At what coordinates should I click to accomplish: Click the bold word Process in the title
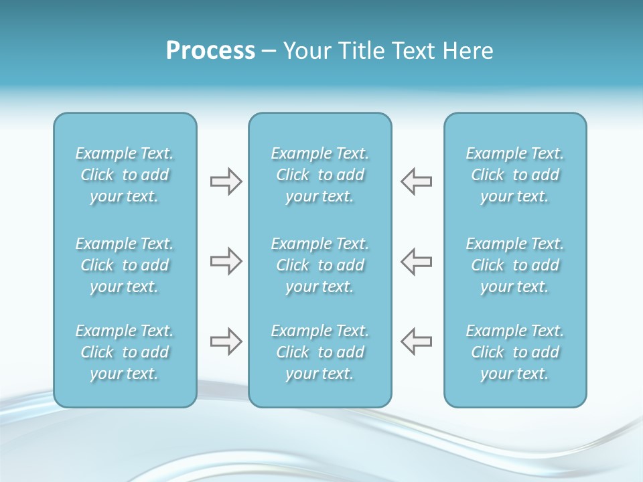[210, 51]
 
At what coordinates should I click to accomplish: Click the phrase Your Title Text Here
[388, 51]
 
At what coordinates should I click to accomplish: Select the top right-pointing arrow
[226, 181]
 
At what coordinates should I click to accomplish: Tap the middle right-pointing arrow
[226, 261]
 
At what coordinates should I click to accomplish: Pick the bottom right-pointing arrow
[226, 341]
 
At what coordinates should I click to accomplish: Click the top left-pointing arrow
[417, 181]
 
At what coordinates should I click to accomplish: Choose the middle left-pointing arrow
[417, 261]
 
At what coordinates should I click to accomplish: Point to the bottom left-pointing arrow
[417, 341]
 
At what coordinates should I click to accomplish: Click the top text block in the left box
[125, 175]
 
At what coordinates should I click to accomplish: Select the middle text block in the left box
[125, 265]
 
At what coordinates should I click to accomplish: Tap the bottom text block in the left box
[125, 352]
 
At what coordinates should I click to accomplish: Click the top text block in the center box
[319, 175]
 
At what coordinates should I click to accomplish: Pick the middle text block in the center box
[319, 265]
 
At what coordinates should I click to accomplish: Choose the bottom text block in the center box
[319, 352]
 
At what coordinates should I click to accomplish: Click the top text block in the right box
[514, 175]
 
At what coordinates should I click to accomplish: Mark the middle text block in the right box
[514, 265]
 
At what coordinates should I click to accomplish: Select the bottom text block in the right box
[514, 352]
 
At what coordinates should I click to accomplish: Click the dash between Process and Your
[269, 52]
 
